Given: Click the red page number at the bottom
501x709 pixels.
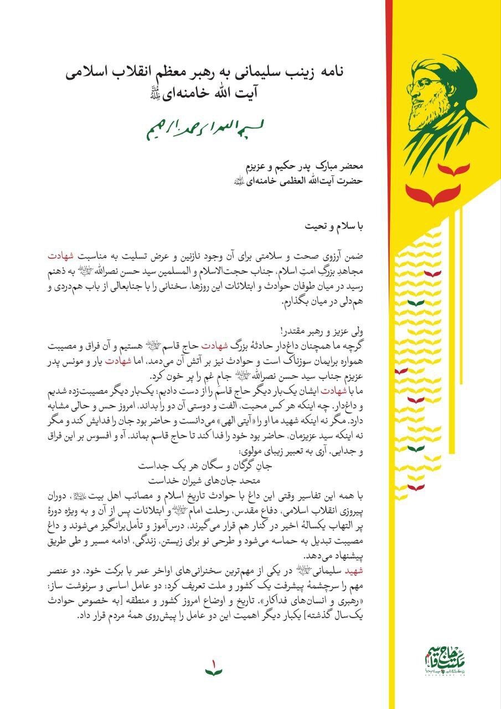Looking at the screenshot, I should pos(214,662).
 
